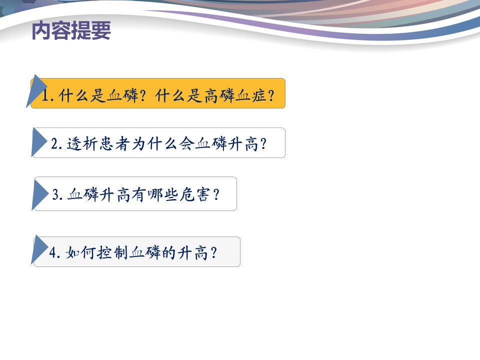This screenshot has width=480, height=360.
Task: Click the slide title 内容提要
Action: point(71,30)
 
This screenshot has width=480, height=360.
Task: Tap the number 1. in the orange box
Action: point(48,95)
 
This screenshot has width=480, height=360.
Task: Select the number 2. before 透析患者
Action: point(56,143)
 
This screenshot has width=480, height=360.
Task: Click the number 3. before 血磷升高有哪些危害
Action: point(57,194)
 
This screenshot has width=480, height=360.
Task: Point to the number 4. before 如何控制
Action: point(55,253)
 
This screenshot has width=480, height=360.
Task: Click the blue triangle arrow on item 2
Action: point(39,142)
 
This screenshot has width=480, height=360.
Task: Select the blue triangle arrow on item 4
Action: point(39,249)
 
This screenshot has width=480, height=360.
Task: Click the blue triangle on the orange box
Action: point(35,91)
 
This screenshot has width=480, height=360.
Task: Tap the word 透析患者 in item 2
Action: point(98,143)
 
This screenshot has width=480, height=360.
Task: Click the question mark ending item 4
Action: point(213,253)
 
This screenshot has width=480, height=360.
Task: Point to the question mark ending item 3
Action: point(216,194)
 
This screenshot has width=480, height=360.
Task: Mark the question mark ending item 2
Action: point(263,143)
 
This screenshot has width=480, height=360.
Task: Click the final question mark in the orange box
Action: point(271,95)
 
